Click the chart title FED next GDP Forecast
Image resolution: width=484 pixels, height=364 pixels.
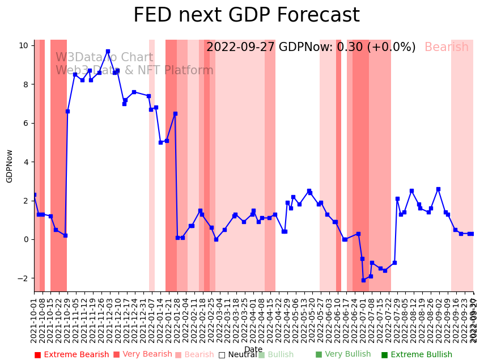(x=246, y=15)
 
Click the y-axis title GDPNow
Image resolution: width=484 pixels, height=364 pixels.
(x=10, y=166)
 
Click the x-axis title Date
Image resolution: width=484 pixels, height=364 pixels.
(x=253, y=349)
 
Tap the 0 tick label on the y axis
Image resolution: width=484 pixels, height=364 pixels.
(x=26, y=239)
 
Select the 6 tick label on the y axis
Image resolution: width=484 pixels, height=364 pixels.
(x=26, y=123)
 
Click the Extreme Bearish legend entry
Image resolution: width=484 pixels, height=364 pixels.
(x=71, y=355)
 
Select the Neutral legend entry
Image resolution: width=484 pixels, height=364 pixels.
(x=237, y=355)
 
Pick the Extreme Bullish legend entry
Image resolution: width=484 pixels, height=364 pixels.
(x=417, y=355)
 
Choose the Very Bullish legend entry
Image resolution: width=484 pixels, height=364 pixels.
(x=343, y=355)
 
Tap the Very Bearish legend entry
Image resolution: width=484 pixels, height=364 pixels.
(x=142, y=355)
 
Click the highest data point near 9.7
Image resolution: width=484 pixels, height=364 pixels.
(x=108, y=51)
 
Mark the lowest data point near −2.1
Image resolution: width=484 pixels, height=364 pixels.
(x=363, y=280)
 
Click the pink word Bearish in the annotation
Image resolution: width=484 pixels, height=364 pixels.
(x=447, y=48)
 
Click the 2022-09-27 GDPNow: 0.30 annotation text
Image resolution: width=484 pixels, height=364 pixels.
(x=311, y=48)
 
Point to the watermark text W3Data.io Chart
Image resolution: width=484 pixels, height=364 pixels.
(x=104, y=58)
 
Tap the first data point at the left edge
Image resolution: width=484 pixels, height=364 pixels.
(x=34, y=194)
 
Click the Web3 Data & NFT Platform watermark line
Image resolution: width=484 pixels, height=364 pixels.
(x=134, y=71)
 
